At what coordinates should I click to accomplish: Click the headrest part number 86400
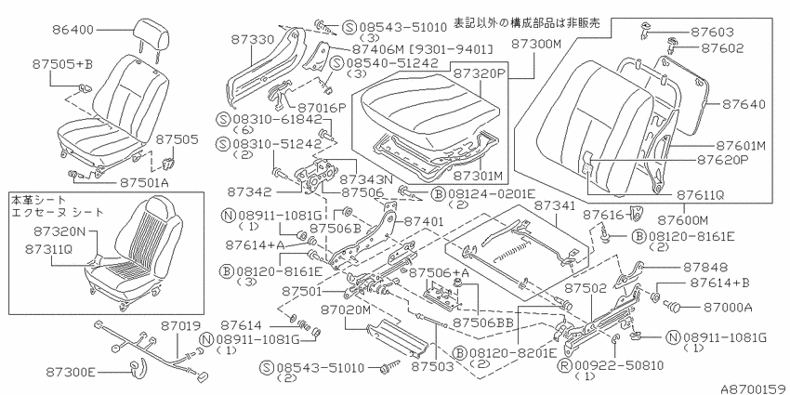(x=72, y=30)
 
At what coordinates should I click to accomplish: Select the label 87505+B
(x=63, y=64)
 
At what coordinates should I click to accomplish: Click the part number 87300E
(x=70, y=372)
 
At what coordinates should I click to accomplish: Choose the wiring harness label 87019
(x=181, y=326)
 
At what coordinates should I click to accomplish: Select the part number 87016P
(x=321, y=107)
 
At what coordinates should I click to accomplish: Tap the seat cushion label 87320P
(x=478, y=72)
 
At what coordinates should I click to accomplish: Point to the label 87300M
(x=536, y=45)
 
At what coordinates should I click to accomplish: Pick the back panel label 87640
(x=744, y=104)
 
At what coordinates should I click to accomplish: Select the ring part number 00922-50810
(x=620, y=365)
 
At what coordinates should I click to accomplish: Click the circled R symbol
(x=566, y=365)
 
